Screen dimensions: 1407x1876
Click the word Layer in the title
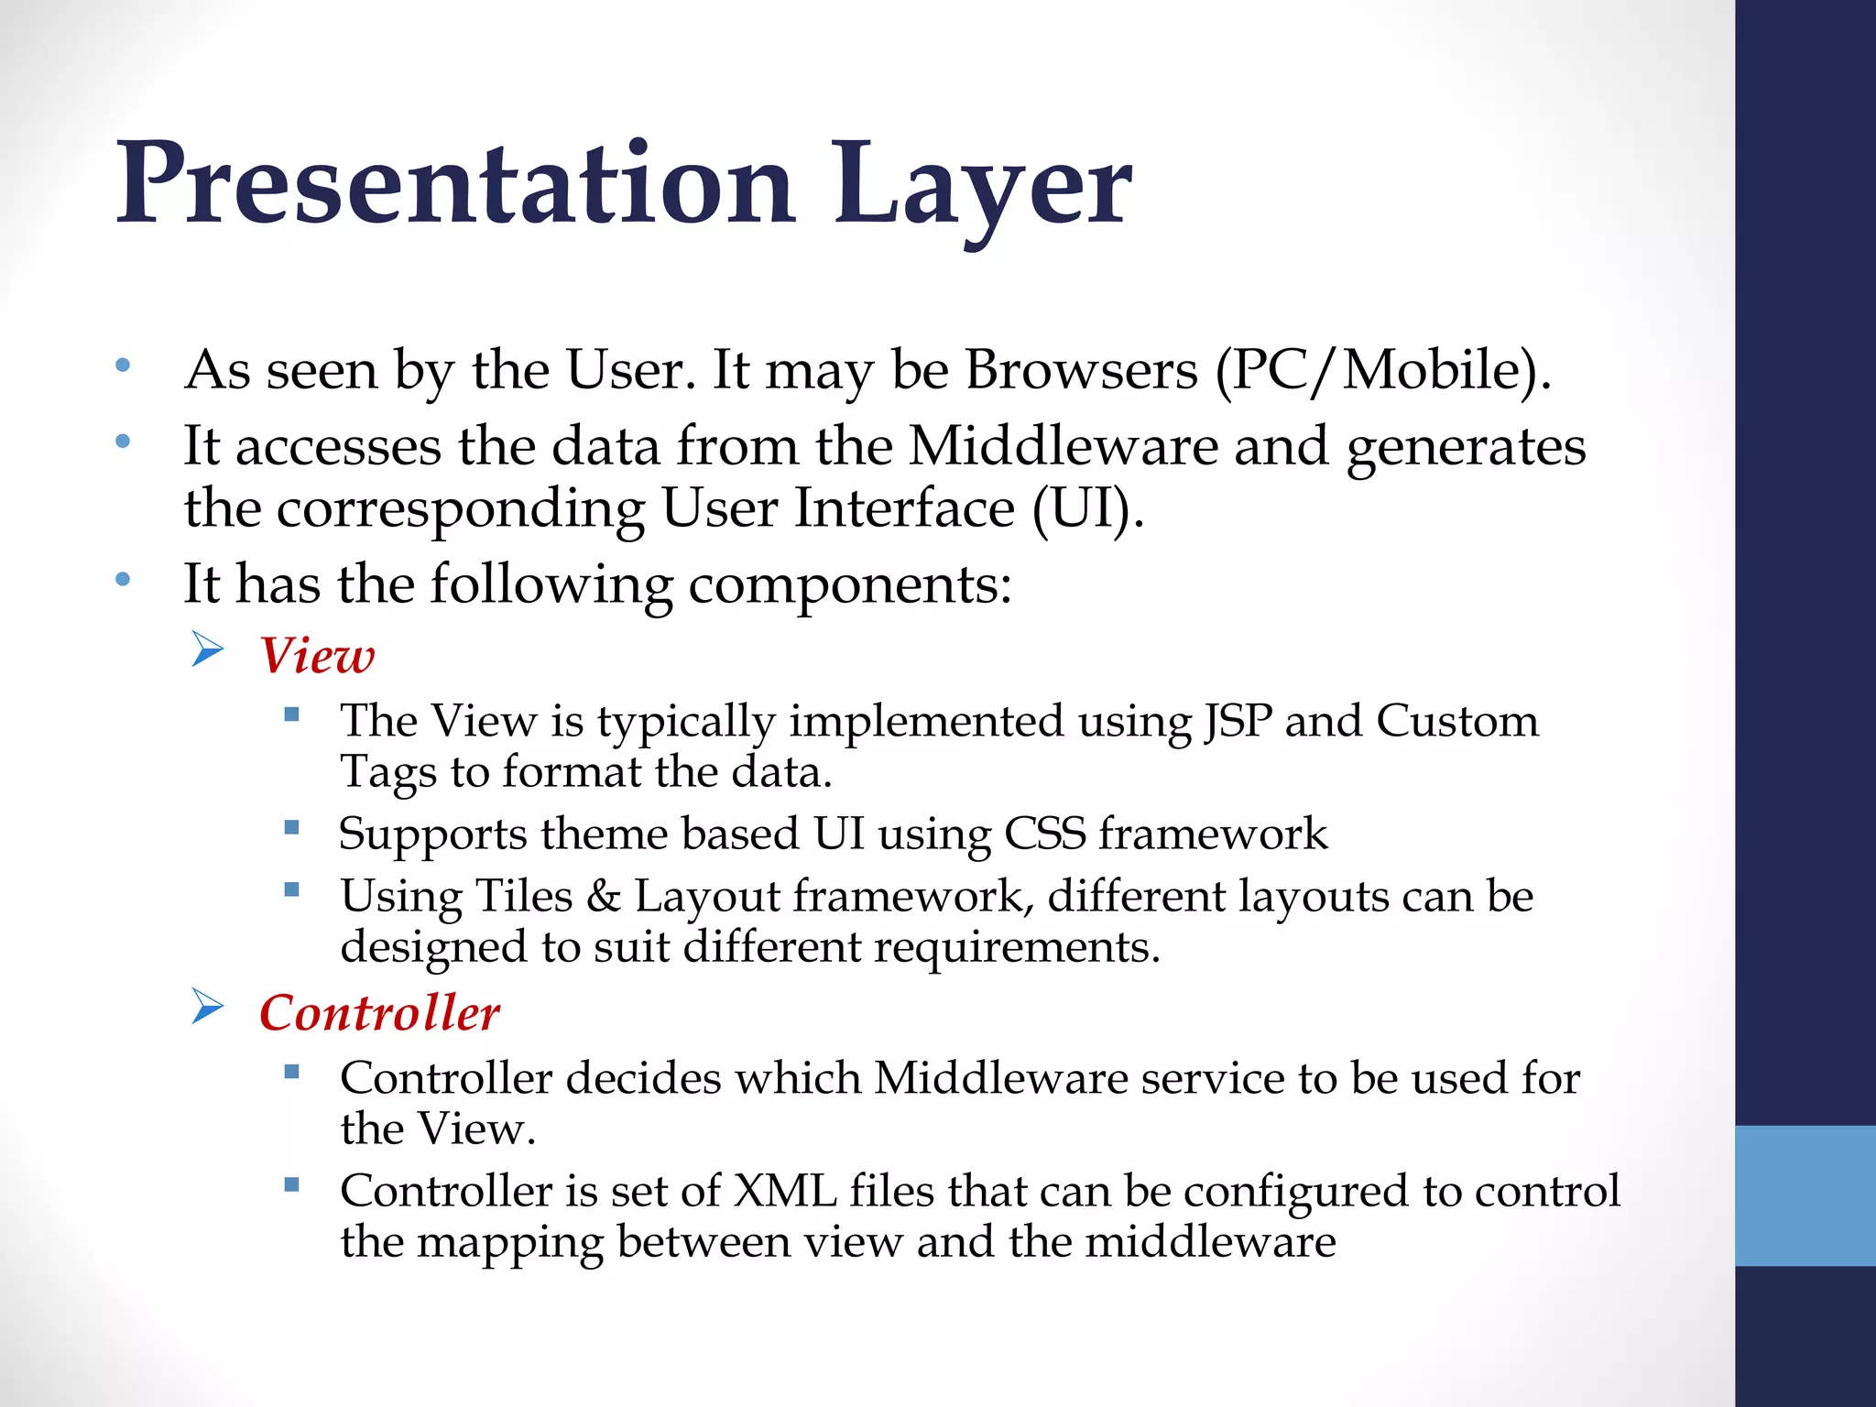coord(983,188)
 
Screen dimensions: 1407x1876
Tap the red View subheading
coord(317,656)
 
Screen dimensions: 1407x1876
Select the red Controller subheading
coord(379,1013)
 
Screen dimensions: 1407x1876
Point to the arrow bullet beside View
coord(208,650)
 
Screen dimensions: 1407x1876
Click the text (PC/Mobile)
coord(1383,372)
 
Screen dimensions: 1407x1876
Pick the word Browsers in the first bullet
coord(1081,370)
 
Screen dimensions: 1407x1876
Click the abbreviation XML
coord(785,1191)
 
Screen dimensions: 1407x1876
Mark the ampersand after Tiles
coord(604,896)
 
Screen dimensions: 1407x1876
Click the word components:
coord(850,584)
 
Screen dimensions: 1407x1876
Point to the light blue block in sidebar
coord(1805,1195)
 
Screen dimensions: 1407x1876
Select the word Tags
coord(388,772)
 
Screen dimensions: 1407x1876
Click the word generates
coord(1466,447)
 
